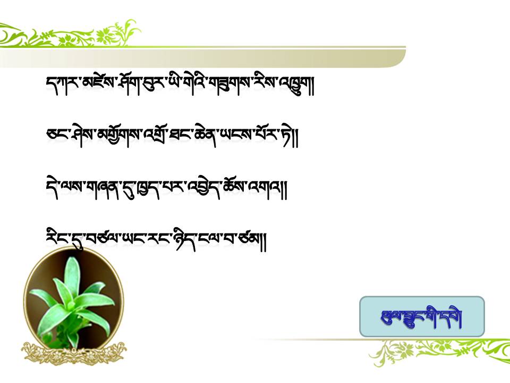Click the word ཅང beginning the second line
57,134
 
